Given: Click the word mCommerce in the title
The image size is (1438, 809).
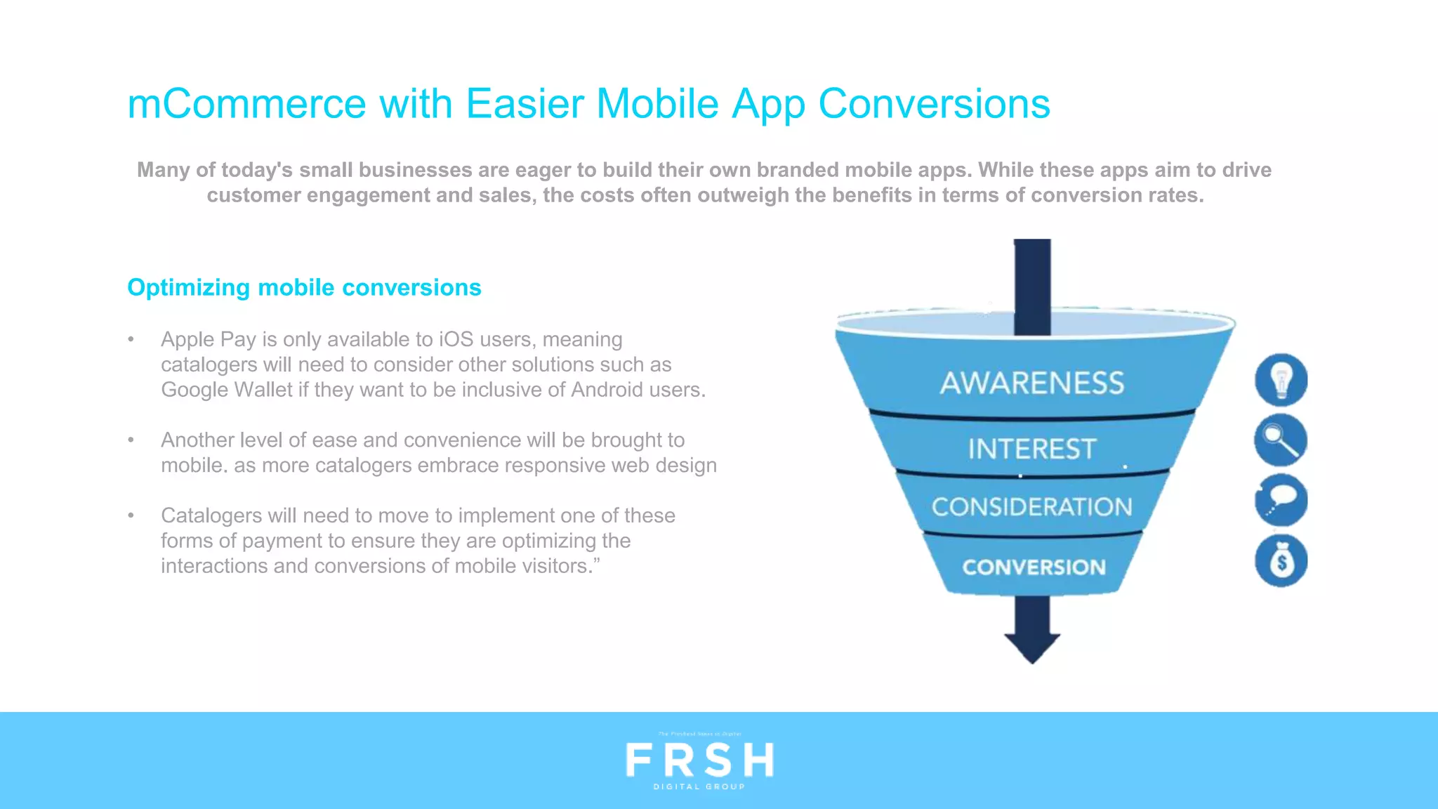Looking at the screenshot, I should [x=246, y=104].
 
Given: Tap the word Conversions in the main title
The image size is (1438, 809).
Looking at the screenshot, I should [x=934, y=104].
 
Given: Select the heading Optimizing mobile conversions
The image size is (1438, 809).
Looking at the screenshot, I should [x=304, y=287].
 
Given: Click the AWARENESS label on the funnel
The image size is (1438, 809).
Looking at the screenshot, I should [x=1031, y=383].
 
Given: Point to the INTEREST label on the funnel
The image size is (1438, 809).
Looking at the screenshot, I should [x=1031, y=449].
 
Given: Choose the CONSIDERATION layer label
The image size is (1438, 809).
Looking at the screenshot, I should [x=1031, y=507].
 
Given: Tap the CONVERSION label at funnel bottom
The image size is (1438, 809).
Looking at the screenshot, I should [x=1034, y=567].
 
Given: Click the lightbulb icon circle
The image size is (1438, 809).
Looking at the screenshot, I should [x=1281, y=380].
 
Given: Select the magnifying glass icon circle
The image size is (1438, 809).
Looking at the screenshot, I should [x=1281, y=440].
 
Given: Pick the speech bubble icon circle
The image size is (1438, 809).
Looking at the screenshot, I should [x=1281, y=501].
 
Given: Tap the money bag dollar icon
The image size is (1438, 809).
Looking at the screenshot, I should [x=1281, y=561].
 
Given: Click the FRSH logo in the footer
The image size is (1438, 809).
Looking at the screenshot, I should [x=699, y=760].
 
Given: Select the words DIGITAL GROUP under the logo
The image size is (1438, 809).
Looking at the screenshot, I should [x=699, y=787].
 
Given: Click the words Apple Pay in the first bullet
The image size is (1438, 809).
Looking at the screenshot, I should [x=208, y=339].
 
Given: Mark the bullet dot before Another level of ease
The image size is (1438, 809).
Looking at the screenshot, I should [x=131, y=440].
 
